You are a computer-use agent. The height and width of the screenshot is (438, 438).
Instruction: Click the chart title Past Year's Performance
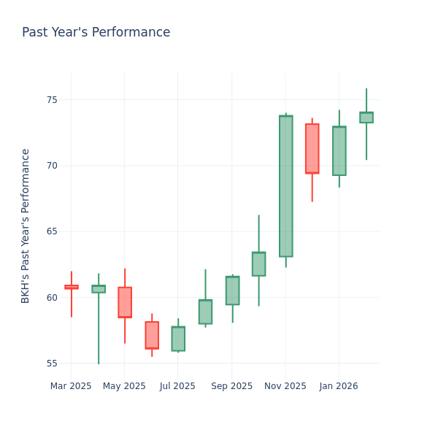96,33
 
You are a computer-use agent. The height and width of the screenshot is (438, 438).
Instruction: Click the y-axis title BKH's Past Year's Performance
26,226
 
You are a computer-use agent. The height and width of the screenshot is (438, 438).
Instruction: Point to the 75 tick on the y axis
52,100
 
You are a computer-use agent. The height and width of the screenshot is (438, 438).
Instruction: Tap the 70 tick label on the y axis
52,166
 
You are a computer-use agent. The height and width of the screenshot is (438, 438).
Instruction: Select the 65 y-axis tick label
52,231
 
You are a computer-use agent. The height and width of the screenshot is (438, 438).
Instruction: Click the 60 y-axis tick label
52,298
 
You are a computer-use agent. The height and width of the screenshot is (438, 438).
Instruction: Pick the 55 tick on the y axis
52,364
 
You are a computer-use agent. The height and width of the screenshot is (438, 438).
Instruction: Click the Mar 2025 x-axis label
71,386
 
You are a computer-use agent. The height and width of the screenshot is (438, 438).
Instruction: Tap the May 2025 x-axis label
124,386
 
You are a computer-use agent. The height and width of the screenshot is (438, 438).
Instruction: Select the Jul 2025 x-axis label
178,386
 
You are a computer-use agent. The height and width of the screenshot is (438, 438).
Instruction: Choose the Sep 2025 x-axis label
231,386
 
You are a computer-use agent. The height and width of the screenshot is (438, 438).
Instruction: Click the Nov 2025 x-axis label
285,386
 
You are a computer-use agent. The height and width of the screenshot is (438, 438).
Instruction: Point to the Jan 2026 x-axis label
339,386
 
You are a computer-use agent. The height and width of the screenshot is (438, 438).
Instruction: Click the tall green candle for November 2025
285,186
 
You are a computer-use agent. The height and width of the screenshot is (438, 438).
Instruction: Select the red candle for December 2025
312,149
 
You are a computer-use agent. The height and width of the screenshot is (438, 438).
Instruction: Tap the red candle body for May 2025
125,302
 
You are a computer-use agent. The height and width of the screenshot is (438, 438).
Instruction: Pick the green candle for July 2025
178,339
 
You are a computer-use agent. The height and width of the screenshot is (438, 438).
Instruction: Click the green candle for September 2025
232,291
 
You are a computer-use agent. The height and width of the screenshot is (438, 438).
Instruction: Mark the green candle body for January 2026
339,151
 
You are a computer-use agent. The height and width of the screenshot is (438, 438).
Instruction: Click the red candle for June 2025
152,335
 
